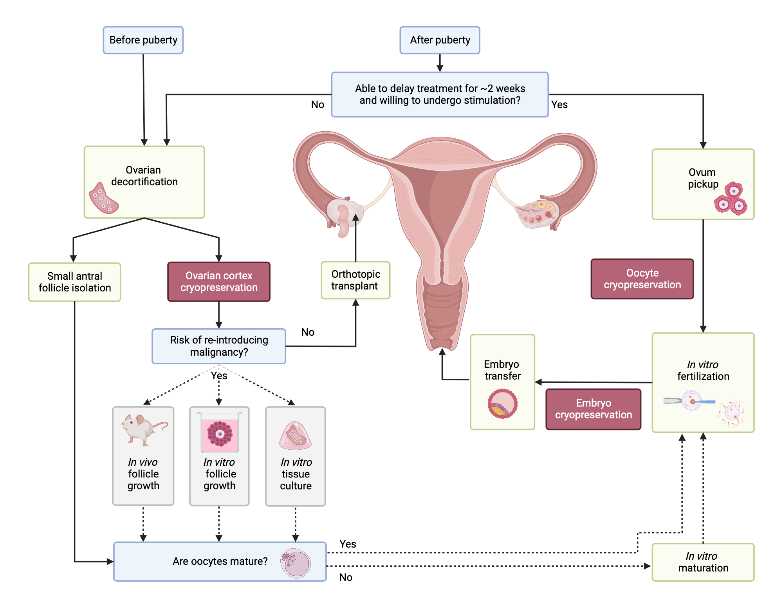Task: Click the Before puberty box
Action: (x=143, y=40)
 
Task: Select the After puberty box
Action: (x=440, y=40)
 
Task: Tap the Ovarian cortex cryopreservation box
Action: (x=219, y=282)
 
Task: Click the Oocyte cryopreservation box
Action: (x=642, y=279)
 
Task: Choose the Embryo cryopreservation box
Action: (x=593, y=409)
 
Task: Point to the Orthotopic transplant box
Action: (x=355, y=280)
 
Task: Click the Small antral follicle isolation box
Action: (x=74, y=282)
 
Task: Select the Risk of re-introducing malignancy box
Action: (x=219, y=346)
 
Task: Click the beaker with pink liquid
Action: (x=220, y=433)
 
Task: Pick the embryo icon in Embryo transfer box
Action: (x=503, y=404)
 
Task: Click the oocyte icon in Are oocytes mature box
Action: (x=296, y=563)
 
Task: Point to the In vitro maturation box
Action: (x=703, y=562)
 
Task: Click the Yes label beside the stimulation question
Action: (x=559, y=105)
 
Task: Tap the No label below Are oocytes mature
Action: (x=346, y=577)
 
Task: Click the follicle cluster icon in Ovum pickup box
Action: (x=731, y=198)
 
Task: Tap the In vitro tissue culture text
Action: (x=296, y=474)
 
